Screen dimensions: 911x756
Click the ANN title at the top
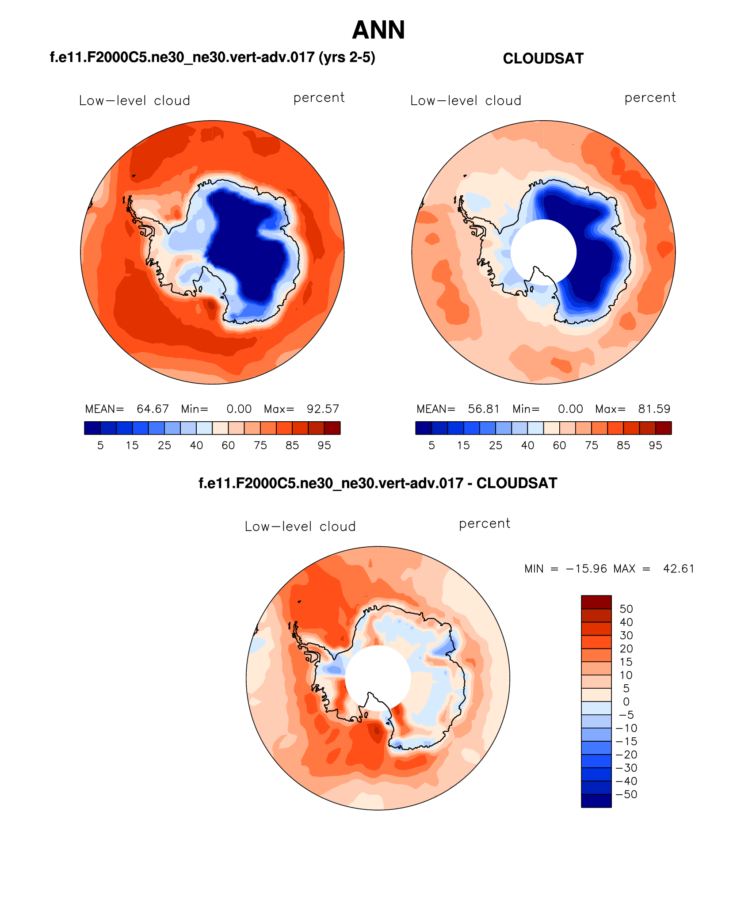pyautogui.click(x=378, y=30)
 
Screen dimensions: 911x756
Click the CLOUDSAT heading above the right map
pyautogui.click(x=543, y=59)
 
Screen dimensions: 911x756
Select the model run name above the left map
pyautogui.click(x=212, y=57)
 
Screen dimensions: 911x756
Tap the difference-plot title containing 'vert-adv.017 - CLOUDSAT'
pyautogui.click(x=378, y=483)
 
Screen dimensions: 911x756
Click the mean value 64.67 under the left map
pyautogui.click(x=153, y=409)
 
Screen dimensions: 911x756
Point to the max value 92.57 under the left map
pyautogui.click(x=323, y=409)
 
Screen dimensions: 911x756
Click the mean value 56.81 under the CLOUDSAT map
pyautogui.click(x=484, y=409)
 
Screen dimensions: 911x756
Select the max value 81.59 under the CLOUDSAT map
pyautogui.click(x=654, y=409)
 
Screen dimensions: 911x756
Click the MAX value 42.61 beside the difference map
pyautogui.click(x=679, y=569)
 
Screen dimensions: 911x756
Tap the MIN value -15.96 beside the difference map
pyautogui.click(x=586, y=569)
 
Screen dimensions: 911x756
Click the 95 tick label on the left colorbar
pyautogui.click(x=324, y=446)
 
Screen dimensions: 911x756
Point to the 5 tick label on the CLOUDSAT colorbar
pyautogui.click(x=431, y=446)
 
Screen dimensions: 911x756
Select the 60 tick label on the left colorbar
pyautogui.click(x=228, y=446)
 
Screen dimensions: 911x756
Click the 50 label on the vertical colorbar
pyautogui.click(x=626, y=609)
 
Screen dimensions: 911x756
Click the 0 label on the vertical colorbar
pyautogui.click(x=626, y=701)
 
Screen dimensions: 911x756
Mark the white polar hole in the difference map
pyautogui.click(x=378, y=678)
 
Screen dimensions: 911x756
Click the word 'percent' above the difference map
pyautogui.click(x=485, y=524)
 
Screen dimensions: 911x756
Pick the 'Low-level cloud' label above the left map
pyautogui.click(x=134, y=101)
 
